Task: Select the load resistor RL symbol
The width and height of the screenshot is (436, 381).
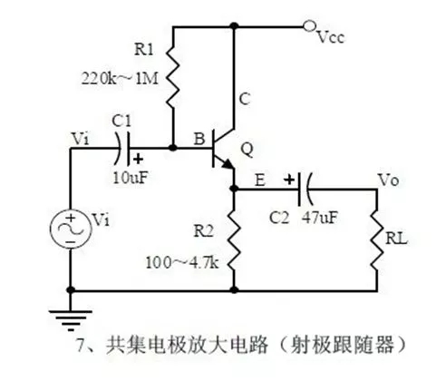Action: click(x=381, y=240)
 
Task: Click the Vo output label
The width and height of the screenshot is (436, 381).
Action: click(x=389, y=180)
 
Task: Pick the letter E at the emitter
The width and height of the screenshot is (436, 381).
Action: click(x=259, y=181)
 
